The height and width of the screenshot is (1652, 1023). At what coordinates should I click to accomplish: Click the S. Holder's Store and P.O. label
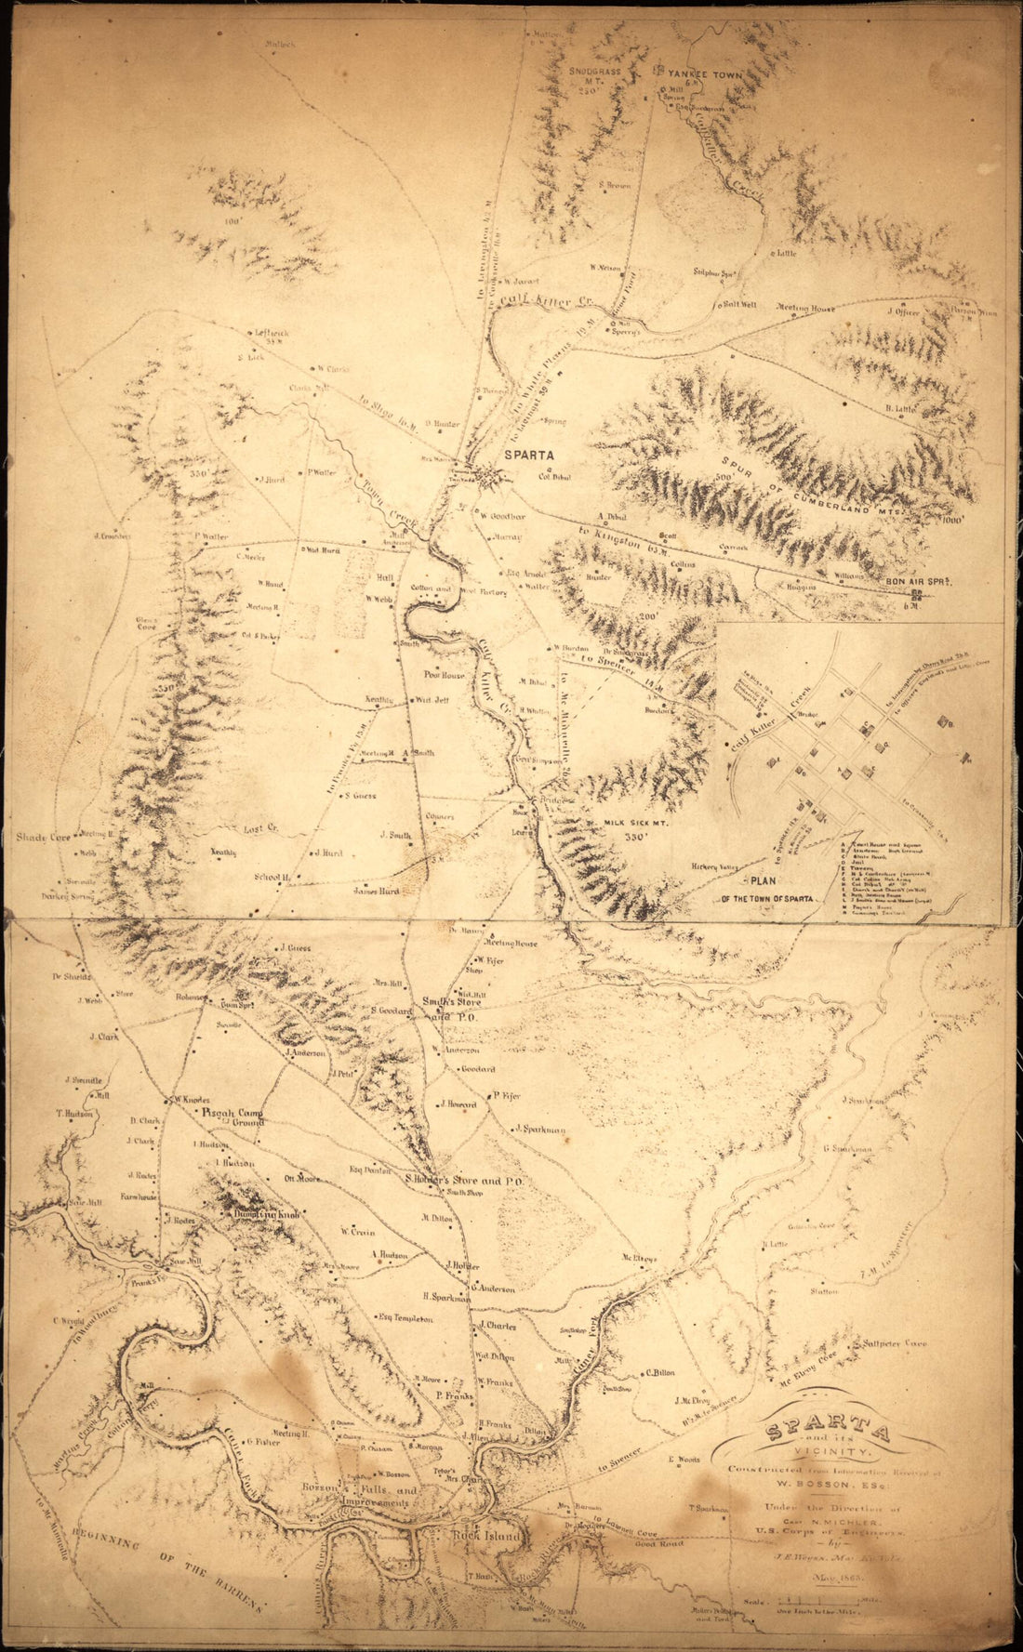click(467, 1181)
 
